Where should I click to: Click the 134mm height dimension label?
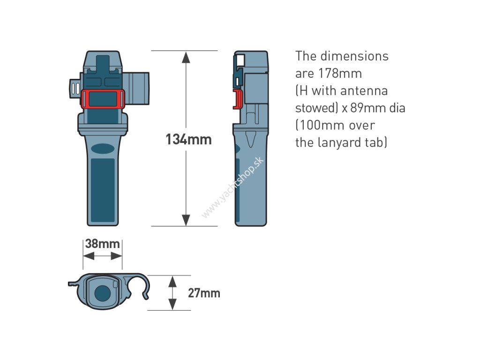point(188,139)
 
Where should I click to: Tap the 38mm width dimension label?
point(102,244)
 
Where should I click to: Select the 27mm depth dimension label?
point(204,293)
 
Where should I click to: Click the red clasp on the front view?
point(103,99)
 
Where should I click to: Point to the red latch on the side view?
point(238,100)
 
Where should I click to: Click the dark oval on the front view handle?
point(103,150)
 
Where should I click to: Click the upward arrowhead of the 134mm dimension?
point(186,57)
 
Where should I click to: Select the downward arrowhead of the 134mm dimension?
point(186,219)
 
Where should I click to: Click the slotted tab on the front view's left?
point(74,87)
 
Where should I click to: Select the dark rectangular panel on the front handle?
point(103,190)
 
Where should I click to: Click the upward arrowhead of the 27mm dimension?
point(173,281)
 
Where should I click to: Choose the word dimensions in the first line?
point(354,56)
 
